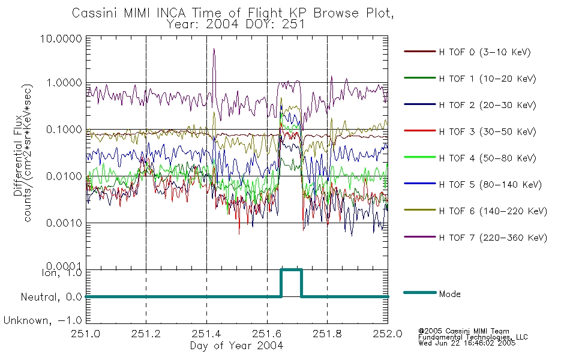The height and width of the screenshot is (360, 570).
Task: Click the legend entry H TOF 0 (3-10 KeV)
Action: (x=485, y=52)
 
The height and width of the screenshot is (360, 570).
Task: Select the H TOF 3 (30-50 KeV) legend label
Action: (x=487, y=131)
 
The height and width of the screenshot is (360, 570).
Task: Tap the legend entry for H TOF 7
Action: (x=493, y=238)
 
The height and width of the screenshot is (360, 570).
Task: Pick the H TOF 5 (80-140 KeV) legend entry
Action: (x=490, y=185)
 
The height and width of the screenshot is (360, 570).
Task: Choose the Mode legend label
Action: (x=449, y=294)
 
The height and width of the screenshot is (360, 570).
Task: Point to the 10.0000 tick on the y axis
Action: (x=61, y=38)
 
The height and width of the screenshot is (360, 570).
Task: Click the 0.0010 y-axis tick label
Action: (x=64, y=223)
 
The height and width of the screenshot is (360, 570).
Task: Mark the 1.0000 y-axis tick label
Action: (x=64, y=83)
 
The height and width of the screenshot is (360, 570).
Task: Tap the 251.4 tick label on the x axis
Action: (x=206, y=334)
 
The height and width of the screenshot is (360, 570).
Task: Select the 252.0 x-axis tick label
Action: (x=388, y=334)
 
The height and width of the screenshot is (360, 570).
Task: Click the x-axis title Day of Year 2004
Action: (x=236, y=346)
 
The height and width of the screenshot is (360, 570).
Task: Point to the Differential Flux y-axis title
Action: (x=18, y=155)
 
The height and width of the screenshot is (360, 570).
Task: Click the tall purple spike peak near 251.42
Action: (x=214, y=49)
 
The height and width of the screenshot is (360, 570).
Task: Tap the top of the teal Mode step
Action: (x=291, y=270)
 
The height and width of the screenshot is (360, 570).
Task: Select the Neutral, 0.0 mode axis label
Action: (x=51, y=298)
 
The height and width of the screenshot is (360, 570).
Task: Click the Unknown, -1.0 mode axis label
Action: (x=43, y=320)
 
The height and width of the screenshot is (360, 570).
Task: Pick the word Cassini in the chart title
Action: (x=95, y=13)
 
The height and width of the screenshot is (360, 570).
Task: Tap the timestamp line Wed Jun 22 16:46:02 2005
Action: (x=467, y=343)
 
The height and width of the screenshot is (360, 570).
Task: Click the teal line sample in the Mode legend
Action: (x=420, y=293)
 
